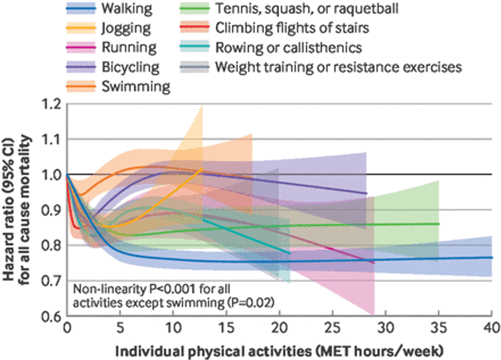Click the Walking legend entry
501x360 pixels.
pos(128,9)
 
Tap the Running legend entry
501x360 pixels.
pos(129,48)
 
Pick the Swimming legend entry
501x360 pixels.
pos(136,86)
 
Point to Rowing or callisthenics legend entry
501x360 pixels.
pos(289,48)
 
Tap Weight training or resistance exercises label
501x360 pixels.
pos(339,67)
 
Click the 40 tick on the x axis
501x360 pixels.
pos(491,329)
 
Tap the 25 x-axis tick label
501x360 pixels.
pos(332,329)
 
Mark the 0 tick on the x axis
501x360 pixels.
pos(67,329)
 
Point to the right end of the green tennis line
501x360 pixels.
pos(439,224)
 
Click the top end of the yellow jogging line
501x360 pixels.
pos(202,169)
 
